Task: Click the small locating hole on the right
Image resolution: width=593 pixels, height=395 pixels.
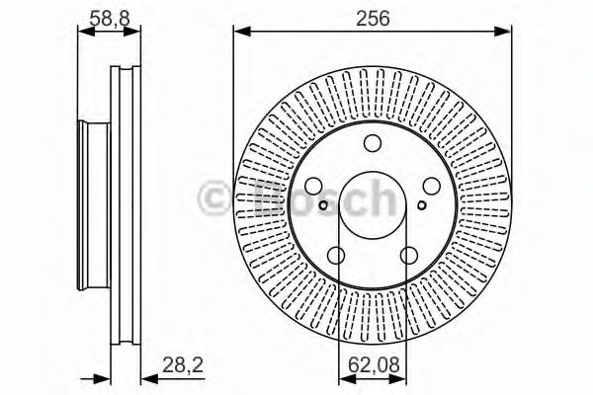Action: tap(421, 206)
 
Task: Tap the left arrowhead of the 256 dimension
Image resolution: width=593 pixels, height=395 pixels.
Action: tap(239, 33)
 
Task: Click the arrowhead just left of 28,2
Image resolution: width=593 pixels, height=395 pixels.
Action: tap(138, 376)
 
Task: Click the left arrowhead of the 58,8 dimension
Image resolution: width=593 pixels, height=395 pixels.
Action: tap(82, 32)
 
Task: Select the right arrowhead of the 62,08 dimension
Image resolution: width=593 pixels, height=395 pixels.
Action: tap(401, 376)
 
